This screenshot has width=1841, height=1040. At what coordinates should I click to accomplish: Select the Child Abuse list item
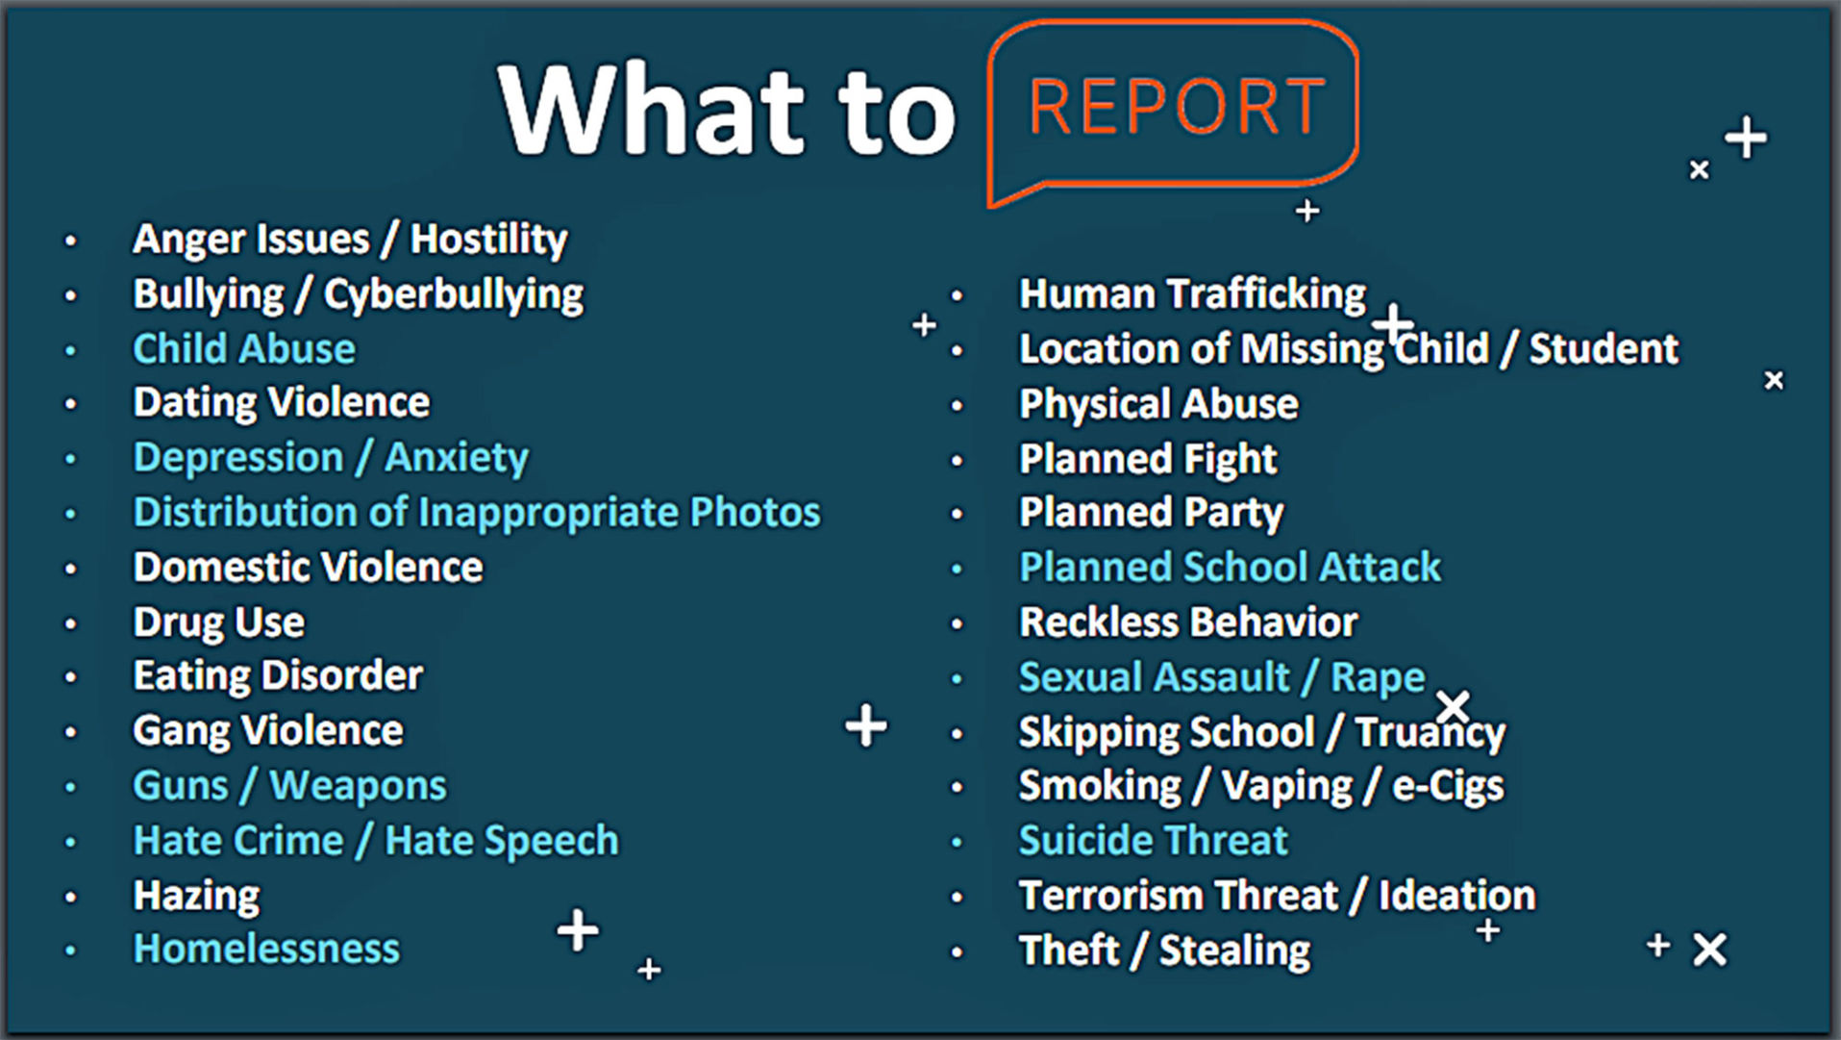pos(244,348)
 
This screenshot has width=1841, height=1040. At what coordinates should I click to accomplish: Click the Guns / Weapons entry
pos(289,785)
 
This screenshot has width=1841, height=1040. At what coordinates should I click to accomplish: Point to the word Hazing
pos(196,896)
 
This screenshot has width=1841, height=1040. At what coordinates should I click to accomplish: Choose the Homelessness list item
pos(266,949)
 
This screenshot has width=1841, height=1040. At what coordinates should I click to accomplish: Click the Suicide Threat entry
pos(1153,840)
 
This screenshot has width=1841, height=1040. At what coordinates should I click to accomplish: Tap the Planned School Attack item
pos(1230,567)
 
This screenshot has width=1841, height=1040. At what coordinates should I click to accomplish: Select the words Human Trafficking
pos(1192,293)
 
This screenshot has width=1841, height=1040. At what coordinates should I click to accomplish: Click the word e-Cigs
pos(1448,786)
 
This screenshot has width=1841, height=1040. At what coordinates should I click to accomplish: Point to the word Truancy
pos(1431,732)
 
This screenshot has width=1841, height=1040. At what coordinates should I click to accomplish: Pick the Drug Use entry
pos(219,621)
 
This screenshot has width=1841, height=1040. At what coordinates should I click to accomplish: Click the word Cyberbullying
pos(454,294)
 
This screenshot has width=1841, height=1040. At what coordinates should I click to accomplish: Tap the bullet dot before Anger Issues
pos(70,241)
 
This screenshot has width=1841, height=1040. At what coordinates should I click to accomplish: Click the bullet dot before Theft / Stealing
pos(957,952)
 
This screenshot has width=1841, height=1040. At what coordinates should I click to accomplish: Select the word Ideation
pos(1457,895)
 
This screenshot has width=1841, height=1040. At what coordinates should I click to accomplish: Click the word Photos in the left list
pos(756,512)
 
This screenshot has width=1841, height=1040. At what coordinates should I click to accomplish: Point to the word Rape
pos(1378,677)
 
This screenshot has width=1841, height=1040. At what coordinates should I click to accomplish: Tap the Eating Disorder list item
pos(278,675)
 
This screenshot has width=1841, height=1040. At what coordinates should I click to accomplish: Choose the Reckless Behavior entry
pos(1188,621)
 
